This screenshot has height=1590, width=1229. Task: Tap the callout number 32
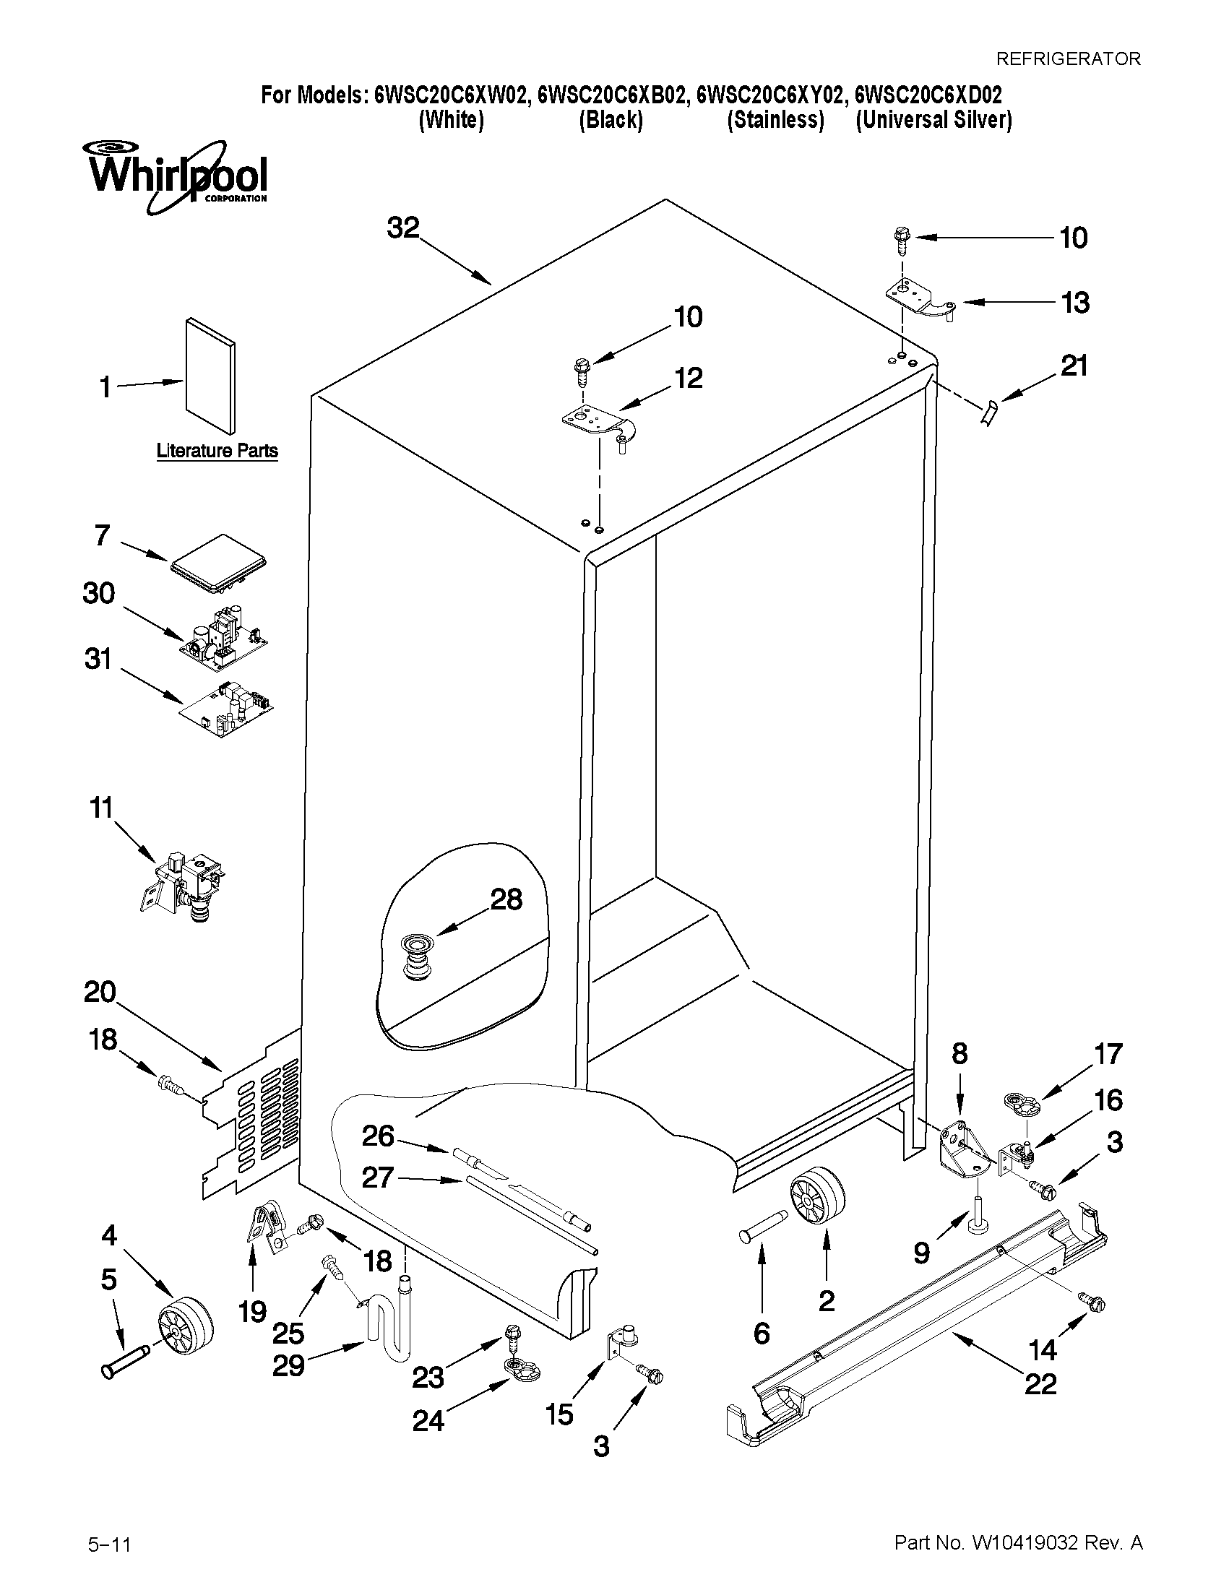point(403,228)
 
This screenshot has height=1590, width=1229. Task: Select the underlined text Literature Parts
point(217,451)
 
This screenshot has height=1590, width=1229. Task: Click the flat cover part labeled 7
point(217,564)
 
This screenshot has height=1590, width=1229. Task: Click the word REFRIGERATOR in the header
point(1067,59)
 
